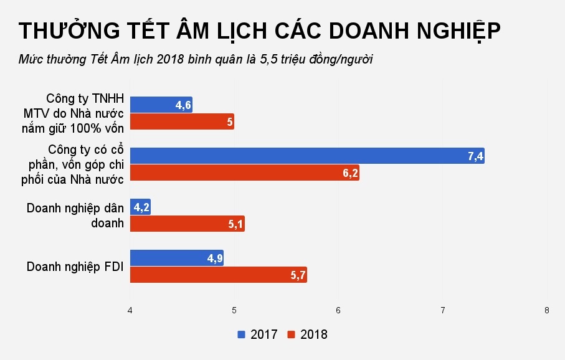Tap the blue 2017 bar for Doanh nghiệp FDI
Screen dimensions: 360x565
176,258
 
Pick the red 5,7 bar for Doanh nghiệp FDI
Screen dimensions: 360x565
218,275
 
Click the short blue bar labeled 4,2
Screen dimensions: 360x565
140,207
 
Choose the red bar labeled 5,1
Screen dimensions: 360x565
187,224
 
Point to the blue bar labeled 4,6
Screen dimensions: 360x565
161,105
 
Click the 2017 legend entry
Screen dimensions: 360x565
257,334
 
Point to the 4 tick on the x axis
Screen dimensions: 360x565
130,310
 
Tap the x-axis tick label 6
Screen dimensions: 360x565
338,310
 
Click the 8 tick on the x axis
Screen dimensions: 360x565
547,310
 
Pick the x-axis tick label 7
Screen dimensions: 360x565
442,310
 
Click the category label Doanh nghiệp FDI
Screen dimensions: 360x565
75,267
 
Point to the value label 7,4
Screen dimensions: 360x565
475,156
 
